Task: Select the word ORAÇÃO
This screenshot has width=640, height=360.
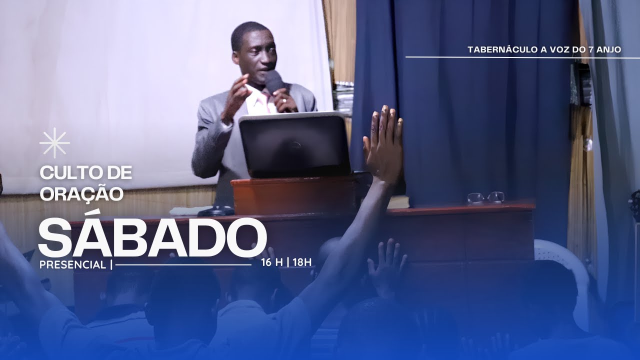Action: point(81,192)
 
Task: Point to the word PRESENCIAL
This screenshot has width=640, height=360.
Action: point(72,265)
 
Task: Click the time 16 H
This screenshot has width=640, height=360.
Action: point(271,262)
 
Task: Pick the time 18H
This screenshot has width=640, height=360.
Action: point(302,262)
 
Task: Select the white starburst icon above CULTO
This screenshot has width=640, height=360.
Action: point(54,143)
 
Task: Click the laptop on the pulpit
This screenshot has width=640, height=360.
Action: point(294,144)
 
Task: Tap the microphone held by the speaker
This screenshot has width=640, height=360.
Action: point(273,81)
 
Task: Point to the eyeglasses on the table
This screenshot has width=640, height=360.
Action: point(485,197)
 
